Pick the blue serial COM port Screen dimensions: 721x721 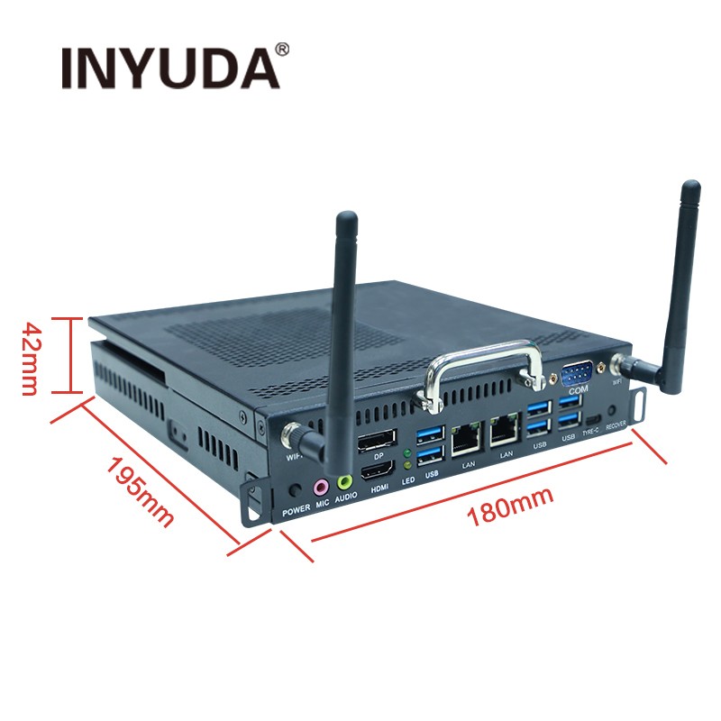(578, 373)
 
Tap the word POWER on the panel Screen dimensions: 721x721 (296, 509)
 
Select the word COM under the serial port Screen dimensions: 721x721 (578, 390)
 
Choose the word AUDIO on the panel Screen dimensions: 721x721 (345, 498)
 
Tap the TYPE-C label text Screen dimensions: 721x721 (591, 434)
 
